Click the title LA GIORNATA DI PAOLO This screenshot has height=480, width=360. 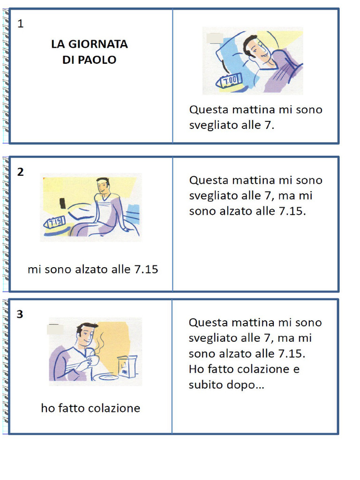[x=89, y=52]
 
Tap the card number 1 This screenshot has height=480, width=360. [x=20, y=24]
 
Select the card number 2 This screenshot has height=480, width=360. [x=20, y=172]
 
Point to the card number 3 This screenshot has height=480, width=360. [x=20, y=315]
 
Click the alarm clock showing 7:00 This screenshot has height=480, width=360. [x=229, y=80]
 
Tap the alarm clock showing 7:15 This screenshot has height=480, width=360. [x=54, y=223]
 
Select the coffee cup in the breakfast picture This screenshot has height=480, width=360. [x=92, y=361]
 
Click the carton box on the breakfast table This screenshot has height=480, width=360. [x=127, y=366]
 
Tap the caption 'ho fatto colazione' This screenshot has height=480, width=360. [x=90, y=408]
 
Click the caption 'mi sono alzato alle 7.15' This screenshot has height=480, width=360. [x=93, y=270]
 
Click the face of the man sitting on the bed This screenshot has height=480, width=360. [x=103, y=187]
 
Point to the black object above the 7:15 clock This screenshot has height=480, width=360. [x=62, y=203]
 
